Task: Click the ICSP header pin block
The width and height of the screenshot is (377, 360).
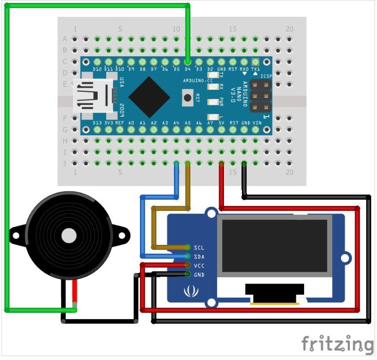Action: point(261,95)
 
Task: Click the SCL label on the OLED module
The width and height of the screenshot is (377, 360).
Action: point(199,248)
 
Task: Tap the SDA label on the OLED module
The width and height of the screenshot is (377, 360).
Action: point(199,257)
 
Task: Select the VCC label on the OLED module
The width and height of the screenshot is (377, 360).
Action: point(199,266)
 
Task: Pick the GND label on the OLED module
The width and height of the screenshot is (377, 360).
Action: point(199,275)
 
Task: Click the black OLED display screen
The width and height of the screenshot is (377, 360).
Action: point(275,245)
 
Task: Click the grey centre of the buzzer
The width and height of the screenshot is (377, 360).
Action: point(68,236)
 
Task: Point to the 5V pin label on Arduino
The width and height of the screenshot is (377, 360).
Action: point(221,123)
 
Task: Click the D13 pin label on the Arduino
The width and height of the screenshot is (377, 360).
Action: point(97,123)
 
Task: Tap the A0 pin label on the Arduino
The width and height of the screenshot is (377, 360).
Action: point(131,123)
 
